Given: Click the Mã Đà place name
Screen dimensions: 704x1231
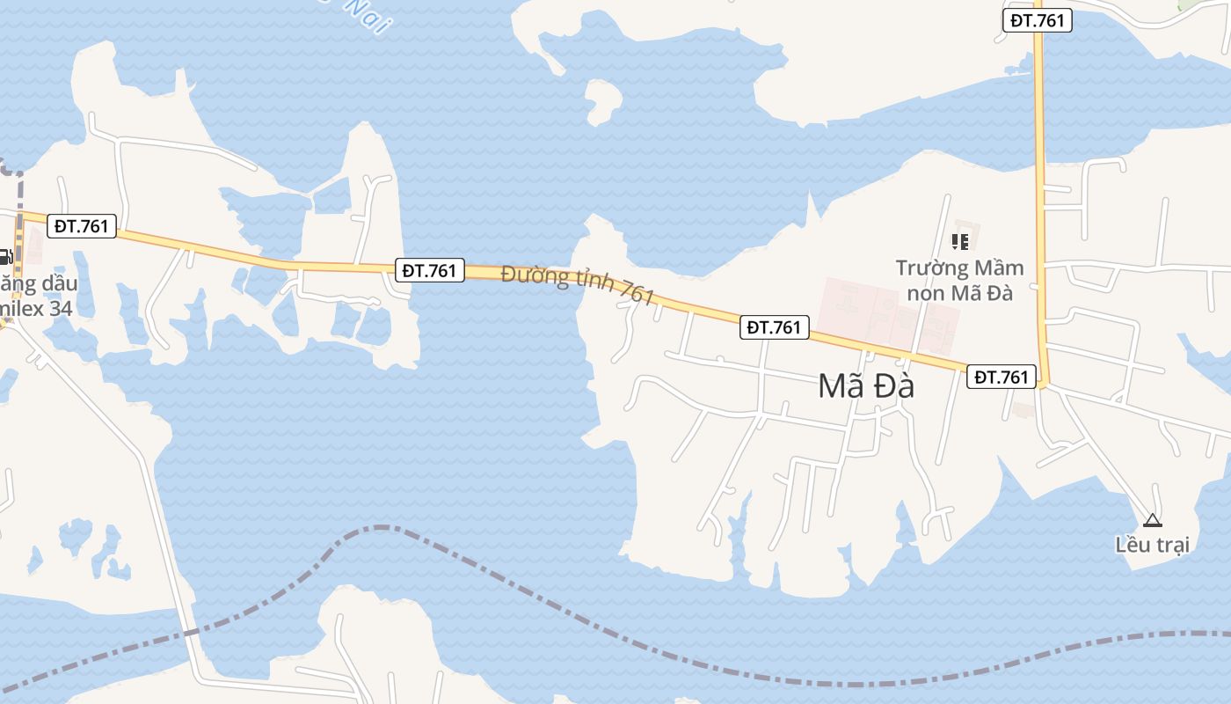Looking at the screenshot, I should coord(866,386).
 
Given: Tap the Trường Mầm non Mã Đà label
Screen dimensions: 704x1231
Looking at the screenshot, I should coord(959,280).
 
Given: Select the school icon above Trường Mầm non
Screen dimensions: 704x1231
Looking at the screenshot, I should coord(959,240).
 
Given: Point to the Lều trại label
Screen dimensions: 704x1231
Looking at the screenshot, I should coord(1152,545).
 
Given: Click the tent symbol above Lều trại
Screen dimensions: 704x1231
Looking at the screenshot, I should coord(1152,520).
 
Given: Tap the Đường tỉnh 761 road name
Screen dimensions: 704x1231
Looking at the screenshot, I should coord(579,285).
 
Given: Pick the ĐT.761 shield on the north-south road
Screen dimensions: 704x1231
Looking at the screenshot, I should coord(1038,20).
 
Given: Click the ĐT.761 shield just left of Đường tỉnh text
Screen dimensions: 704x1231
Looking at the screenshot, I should coord(429,270).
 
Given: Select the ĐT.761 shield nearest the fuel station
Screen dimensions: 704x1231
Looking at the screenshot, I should coord(81,226).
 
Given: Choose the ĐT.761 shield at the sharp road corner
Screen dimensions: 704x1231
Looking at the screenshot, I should coord(1002,377).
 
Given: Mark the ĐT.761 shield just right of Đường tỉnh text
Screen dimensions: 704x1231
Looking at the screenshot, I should coord(774,327).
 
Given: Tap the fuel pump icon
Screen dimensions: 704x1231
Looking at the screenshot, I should coord(4,257).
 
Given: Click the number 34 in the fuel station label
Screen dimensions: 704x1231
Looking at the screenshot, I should coord(60,309).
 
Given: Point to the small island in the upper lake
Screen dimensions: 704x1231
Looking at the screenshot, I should coord(603,99).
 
